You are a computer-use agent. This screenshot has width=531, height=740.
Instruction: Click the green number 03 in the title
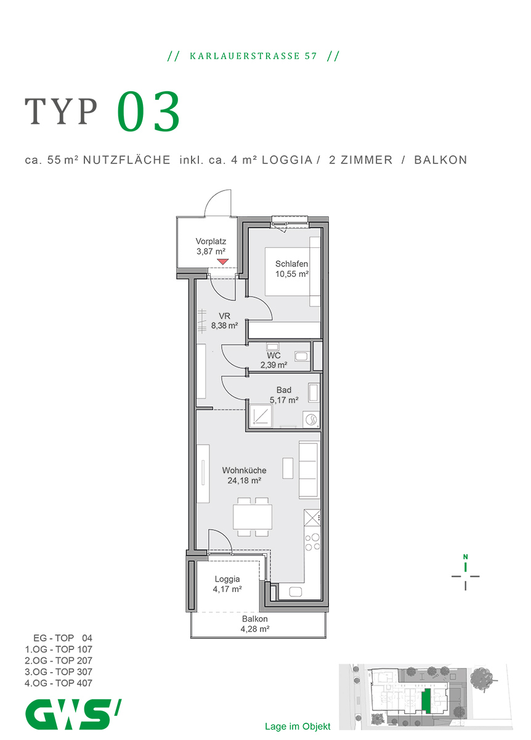pos(149,112)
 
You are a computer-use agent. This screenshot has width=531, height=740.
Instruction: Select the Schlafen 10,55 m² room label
pos(291,269)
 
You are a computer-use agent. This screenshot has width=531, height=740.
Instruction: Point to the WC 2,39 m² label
pos(274,360)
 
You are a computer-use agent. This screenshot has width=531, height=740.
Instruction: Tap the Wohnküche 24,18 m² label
pos(245,475)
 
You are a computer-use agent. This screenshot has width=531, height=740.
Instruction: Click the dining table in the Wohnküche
pos(253,516)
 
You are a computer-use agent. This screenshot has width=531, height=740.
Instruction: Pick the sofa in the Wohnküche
pos(309,469)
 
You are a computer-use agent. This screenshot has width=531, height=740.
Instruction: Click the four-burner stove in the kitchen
pos(313,541)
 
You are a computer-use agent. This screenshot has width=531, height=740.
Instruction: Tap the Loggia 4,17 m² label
pos(227,584)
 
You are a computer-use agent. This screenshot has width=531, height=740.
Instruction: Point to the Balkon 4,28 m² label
pos(255,624)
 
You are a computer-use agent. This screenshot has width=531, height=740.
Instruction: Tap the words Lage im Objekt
pos(298,726)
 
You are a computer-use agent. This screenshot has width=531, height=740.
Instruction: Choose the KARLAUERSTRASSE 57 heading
pos(253,55)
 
